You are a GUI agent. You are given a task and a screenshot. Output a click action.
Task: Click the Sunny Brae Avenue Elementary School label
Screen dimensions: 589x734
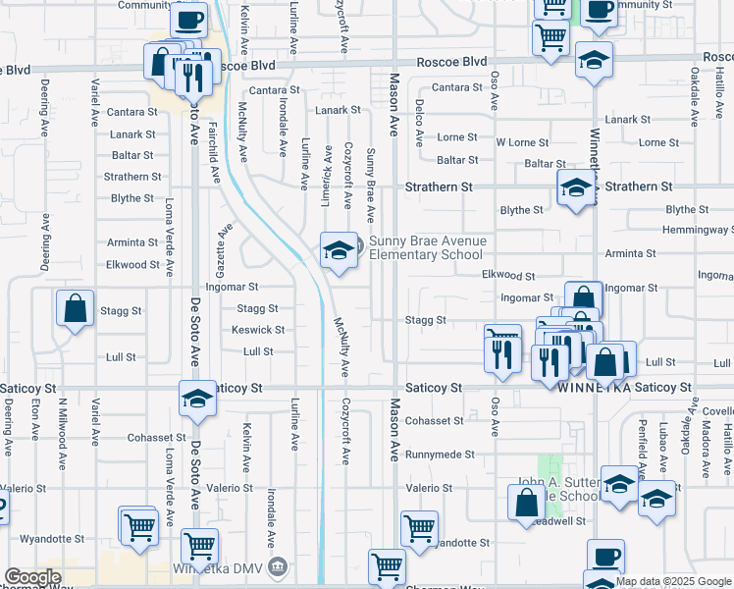click(x=427, y=247)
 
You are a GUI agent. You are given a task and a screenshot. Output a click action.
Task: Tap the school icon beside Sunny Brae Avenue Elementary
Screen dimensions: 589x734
click(x=339, y=251)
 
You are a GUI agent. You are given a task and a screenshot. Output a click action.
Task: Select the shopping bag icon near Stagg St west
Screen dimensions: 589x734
click(x=75, y=309)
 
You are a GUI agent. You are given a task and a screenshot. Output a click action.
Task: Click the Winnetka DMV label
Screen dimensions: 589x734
click(x=235, y=567)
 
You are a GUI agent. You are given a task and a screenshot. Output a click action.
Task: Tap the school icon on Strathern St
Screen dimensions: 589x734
click(x=575, y=188)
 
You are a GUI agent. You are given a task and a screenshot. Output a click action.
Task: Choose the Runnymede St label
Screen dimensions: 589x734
click(x=440, y=455)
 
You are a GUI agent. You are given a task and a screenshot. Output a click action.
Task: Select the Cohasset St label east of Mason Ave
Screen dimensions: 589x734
click(x=434, y=421)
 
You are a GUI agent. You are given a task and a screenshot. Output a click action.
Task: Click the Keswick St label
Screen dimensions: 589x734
click(x=258, y=330)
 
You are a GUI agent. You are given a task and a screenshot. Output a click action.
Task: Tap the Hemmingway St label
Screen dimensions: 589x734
click(x=698, y=230)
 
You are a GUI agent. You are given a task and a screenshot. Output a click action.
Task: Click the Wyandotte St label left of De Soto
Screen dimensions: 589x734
click(x=52, y=539)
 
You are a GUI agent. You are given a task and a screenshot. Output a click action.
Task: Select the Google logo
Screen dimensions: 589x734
click(x=31, y=577)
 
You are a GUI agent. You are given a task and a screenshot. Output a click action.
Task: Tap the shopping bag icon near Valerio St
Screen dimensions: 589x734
click(x=527, y=504)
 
